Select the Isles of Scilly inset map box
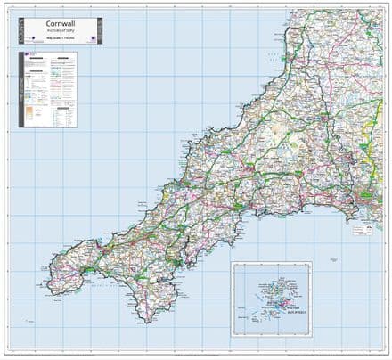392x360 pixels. (271, 302)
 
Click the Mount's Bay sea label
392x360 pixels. (107, 288)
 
